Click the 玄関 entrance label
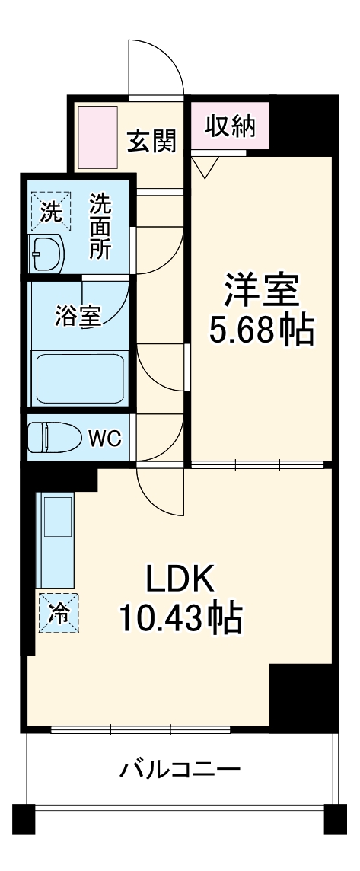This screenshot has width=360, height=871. click(x=152, y=141)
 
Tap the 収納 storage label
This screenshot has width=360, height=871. click(x=231, y=126)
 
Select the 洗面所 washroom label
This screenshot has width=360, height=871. click(x=101, y=226)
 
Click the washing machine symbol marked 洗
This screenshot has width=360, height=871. click(x=50, y=211)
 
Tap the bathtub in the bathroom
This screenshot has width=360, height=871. click(x=80, y=378)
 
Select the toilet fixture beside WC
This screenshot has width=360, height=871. click(x=55, y=437)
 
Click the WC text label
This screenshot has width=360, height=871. click(x=105, y=439)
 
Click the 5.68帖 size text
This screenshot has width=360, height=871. click(x=261, y=330)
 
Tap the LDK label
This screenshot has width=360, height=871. click(x=180, y=579)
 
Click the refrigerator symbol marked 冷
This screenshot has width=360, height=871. click(x=59, y=612)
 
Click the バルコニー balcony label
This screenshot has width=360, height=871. click(x=180, y=770)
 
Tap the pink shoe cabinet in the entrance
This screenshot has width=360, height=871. click(x=97, y=137)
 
